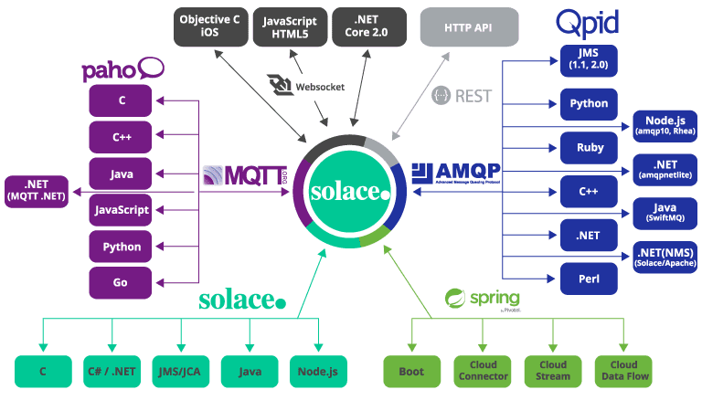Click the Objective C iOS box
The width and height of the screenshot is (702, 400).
click(210, 25)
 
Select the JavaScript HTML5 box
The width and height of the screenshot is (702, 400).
click(290, 25)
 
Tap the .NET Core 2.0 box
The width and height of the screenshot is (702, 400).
click(365, 25)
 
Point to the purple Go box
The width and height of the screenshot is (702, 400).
click(120, 282)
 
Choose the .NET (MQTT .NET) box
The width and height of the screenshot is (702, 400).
click(37, 190)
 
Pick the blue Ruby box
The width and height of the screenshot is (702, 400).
click(589, 146)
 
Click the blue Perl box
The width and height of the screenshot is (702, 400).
click(589, 277)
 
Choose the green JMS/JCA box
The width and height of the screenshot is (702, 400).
click(179, 372)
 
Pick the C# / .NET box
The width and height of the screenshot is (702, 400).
click(111, 372)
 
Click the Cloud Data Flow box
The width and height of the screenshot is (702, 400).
click(623, 371)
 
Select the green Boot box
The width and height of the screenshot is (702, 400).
click(411, 372)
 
